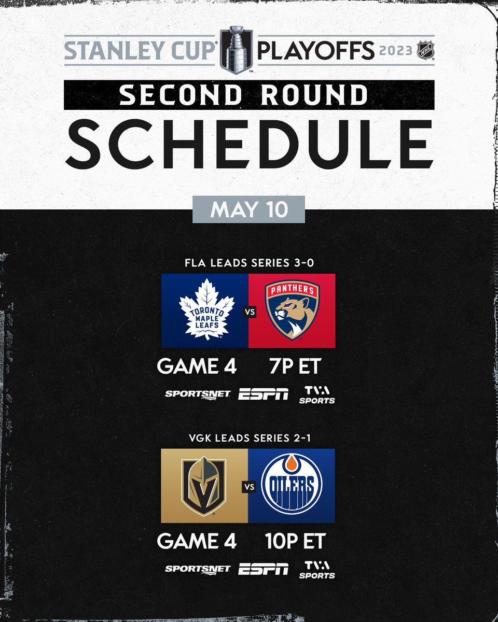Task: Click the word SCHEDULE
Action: point(249,142)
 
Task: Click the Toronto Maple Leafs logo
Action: point(206,310)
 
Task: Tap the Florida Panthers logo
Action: point(292,310)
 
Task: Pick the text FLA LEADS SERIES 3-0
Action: point(248,263)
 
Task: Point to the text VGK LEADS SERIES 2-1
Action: point(248,438)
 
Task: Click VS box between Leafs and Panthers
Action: point(248,312)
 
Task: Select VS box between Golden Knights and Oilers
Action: point(248,487)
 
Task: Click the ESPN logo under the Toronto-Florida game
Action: point(264,394)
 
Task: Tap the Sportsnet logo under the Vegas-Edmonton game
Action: point(197,569)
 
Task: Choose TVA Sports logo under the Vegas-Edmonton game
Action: point(316,569)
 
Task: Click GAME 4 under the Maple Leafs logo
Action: point(197,366)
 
